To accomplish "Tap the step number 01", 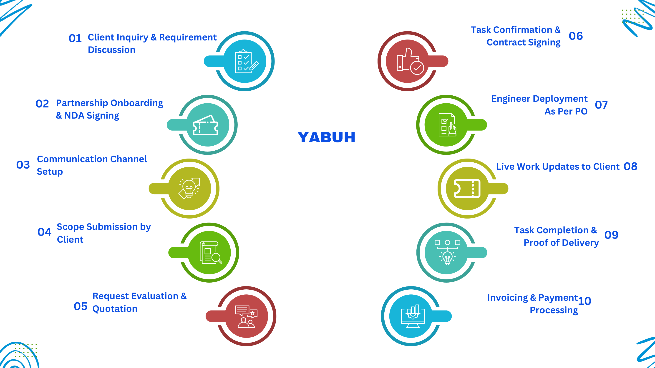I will click(x=75, y=38).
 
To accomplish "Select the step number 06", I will click(x=576, y=36).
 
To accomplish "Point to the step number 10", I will click(x=584, y=301).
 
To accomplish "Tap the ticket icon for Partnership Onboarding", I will click(x=205, y=125).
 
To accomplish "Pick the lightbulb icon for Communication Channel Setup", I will click(x=189, y=188).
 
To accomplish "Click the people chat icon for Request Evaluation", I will click(x=246, y=316).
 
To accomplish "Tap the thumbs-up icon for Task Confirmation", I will click(x=410, y=62).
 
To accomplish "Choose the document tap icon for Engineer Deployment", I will click(x=447, y=125).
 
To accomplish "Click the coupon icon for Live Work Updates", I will click(x=467, y=189).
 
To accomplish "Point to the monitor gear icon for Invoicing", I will click(x=412, y=316).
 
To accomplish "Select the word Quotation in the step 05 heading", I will click(x=115, y=309).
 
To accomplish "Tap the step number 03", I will click(x=23, y=165).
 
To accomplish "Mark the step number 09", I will click(x=611, y=235).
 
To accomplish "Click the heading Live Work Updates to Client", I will click(x=558, y=167).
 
